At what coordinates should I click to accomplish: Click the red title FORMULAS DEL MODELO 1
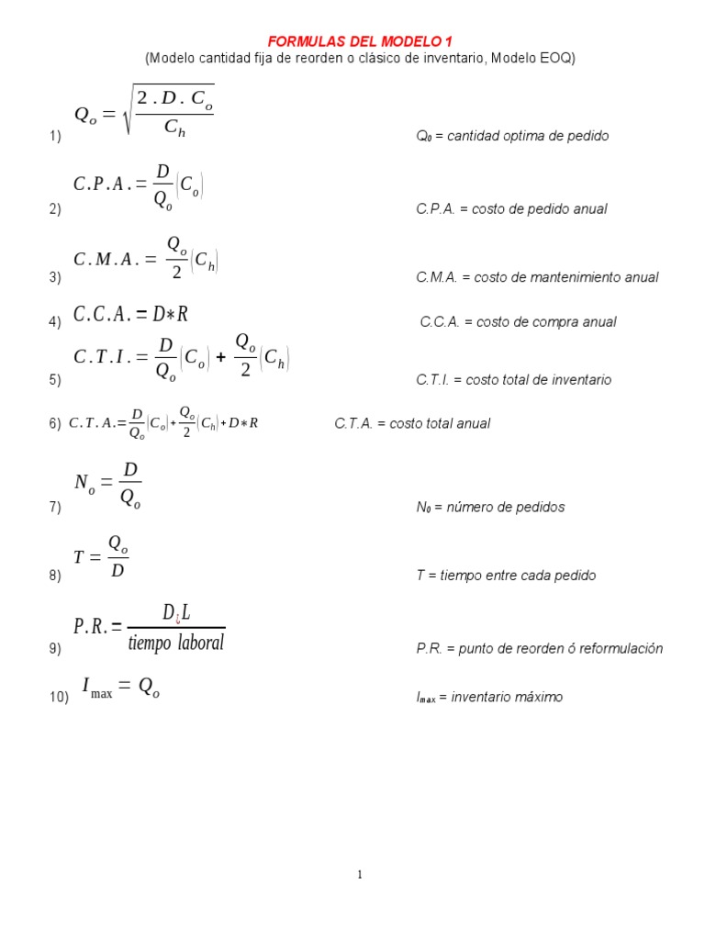pyautogui.click(x=360, y=41)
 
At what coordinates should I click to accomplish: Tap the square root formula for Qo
pyautogui.click(x=144, y=110)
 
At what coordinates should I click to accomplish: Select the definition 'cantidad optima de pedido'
pyautogui.click(x=528, y=136)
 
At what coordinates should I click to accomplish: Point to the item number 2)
pyautogui.click(x=55, y=209)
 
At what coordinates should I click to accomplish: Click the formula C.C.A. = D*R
pyautogui.click(x=131, y=314)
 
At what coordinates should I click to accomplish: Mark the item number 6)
pyautogui.click(x=55, y=424)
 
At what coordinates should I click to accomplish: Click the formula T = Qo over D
pyautogui.click(x=101, y=556)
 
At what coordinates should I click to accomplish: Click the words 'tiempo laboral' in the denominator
pyautogui.click(x=176, y=643)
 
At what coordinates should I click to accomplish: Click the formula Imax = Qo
pyautogui.click(x=121, y=688)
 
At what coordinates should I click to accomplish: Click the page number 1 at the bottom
pyautogui.click(x=360, y=875)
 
